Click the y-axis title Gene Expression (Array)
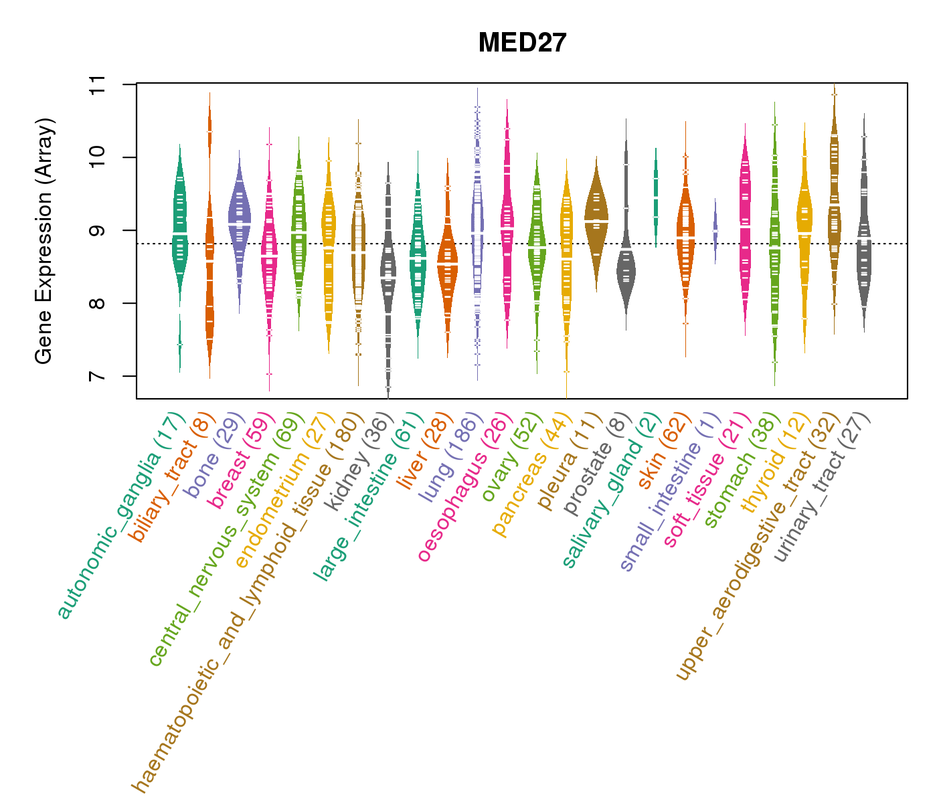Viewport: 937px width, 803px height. (x=44, y=241)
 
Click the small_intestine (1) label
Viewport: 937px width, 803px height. (x=671, y=492)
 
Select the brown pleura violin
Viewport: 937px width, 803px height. (x=596, y=214)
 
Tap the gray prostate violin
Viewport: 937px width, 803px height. (x=626, y=268)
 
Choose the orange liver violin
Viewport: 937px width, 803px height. (x=447, y=261)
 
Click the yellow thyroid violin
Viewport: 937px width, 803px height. (x=804, y=221)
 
